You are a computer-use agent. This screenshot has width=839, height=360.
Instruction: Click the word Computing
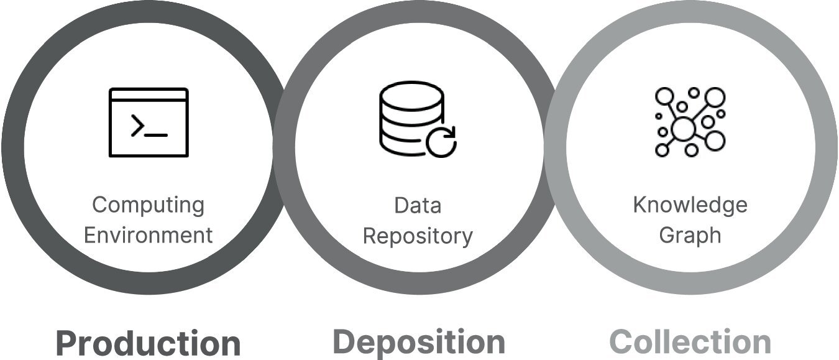point(149,206)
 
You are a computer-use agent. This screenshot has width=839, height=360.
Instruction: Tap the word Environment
point(149,235)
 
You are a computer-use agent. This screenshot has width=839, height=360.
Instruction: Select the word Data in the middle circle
point(418,206)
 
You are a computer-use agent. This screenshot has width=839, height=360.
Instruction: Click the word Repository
point(418,237)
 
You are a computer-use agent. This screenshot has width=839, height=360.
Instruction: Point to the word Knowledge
point(690,206)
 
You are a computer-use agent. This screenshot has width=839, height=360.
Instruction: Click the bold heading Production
point(149,343)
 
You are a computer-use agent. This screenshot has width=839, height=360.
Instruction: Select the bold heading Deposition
point(419,341)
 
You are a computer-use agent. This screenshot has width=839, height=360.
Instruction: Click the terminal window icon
point(149,122)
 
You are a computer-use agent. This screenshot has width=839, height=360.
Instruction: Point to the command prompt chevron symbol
point(137,126)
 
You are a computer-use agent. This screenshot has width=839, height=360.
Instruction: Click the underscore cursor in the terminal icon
point(156,135)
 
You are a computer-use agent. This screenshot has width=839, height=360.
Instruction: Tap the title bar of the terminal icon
point(149,95)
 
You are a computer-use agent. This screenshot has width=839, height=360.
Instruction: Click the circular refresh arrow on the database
point(441,142)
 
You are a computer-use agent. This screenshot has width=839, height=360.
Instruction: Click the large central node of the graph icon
point(684,129)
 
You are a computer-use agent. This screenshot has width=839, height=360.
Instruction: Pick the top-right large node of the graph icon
point(715,97)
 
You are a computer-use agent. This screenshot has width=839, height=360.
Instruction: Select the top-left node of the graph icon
point(664,96)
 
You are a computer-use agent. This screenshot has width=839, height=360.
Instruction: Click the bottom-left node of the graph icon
point(662,150)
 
